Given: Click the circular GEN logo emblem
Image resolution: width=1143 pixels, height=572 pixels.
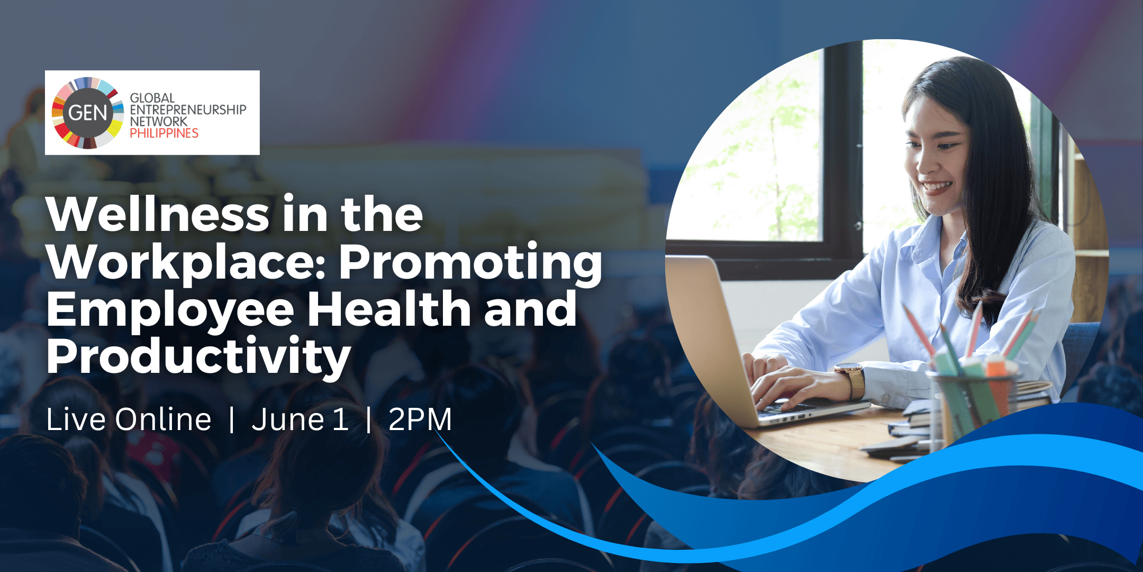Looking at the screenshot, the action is (87, 113).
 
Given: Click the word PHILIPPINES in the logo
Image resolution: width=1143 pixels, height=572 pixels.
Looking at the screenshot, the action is (164, 133).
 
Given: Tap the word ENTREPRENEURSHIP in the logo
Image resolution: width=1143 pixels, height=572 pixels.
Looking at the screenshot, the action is (188, 110).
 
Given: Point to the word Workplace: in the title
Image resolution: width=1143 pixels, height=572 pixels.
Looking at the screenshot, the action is (186, 263).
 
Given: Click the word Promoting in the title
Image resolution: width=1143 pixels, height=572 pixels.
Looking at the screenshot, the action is (470, 263).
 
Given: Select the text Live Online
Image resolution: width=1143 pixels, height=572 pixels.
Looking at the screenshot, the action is (129, 419).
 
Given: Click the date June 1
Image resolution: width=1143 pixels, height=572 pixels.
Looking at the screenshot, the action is (300, 419).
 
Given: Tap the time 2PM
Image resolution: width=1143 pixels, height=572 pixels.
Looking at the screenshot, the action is (420, 419).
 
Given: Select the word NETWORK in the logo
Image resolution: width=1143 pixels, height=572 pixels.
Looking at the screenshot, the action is (159, 121).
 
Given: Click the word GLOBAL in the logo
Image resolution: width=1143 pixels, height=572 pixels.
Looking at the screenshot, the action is (152, 98).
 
